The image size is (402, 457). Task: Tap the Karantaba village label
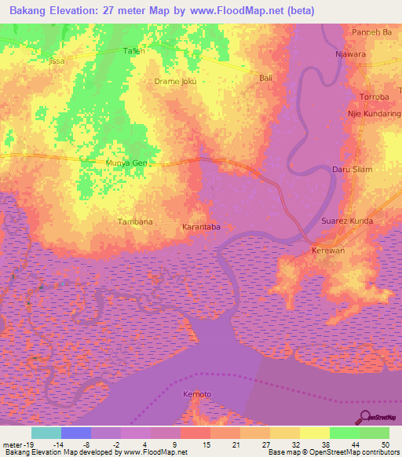[x=201, y=227]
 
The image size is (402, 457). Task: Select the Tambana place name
[x=134, y=222]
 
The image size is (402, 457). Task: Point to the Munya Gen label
[x=126, y=163]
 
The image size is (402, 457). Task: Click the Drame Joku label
[x=175, y=81]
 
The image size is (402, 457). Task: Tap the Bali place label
[x=265, y=79]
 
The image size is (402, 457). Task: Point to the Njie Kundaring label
[x=375, y=114]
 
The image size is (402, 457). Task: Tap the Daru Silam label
[x=373, y=169]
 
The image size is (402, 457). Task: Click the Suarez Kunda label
[x=348, y=221]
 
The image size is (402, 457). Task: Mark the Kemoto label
[x=197, y=393]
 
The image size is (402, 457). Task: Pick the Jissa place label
[x=56, y=60]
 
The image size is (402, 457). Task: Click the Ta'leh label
[x=135, y=51]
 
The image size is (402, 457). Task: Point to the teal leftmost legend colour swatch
[x=46, y=433]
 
